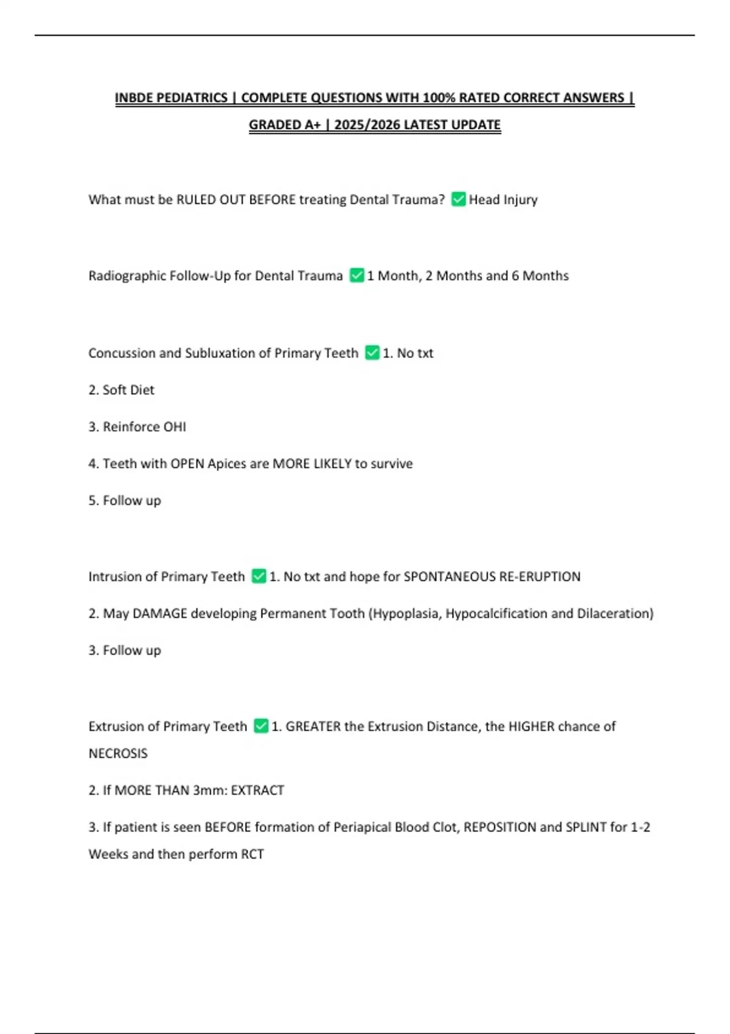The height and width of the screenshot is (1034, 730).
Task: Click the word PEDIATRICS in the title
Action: [x=192, y=98]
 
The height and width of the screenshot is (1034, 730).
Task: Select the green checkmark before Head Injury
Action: [x=459, y=200]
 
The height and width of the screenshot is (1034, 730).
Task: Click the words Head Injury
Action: [x=503, y=200]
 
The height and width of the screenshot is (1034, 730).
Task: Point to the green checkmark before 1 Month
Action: [x=356, y=276]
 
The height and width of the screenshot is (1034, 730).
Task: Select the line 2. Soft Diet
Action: [x=122, y=390]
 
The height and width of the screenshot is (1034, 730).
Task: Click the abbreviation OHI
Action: [x=175, y=427]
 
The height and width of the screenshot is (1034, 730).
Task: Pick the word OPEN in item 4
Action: [x=187, y=463]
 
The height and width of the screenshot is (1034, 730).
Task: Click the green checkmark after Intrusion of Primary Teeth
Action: [x=259, y=576]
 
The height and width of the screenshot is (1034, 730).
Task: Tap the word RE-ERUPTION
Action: [x=540, y=577]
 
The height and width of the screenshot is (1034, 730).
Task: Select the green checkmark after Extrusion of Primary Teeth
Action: [x=261, y=726]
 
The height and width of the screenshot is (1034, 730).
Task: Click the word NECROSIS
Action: [x=118, y=754]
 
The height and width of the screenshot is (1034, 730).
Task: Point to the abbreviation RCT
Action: [x=252, y=854]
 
